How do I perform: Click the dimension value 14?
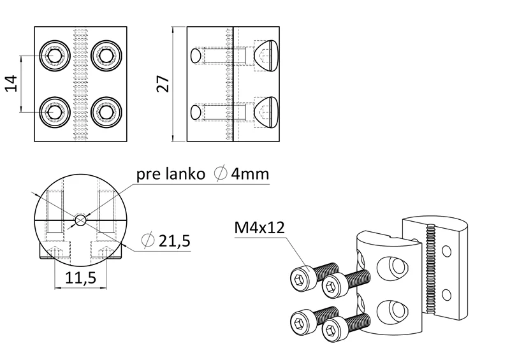[x=11, y=84]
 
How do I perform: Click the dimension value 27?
[x=163, y=84]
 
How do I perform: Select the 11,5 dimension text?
[x=80, y=278]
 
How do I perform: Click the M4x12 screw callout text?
[x=258, y=227]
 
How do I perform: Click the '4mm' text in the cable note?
[x=250, y=173]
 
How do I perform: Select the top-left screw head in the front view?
[x=54, y=56]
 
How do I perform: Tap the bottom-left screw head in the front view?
[x=54, y=113]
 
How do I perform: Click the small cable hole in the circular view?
[x=80, y=220]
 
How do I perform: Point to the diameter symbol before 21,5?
[x=146, y=241]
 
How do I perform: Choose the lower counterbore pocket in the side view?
[x=266, y=112]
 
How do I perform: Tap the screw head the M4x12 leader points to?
[x=301, y=278]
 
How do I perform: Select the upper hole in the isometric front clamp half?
[x=392, y=266]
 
